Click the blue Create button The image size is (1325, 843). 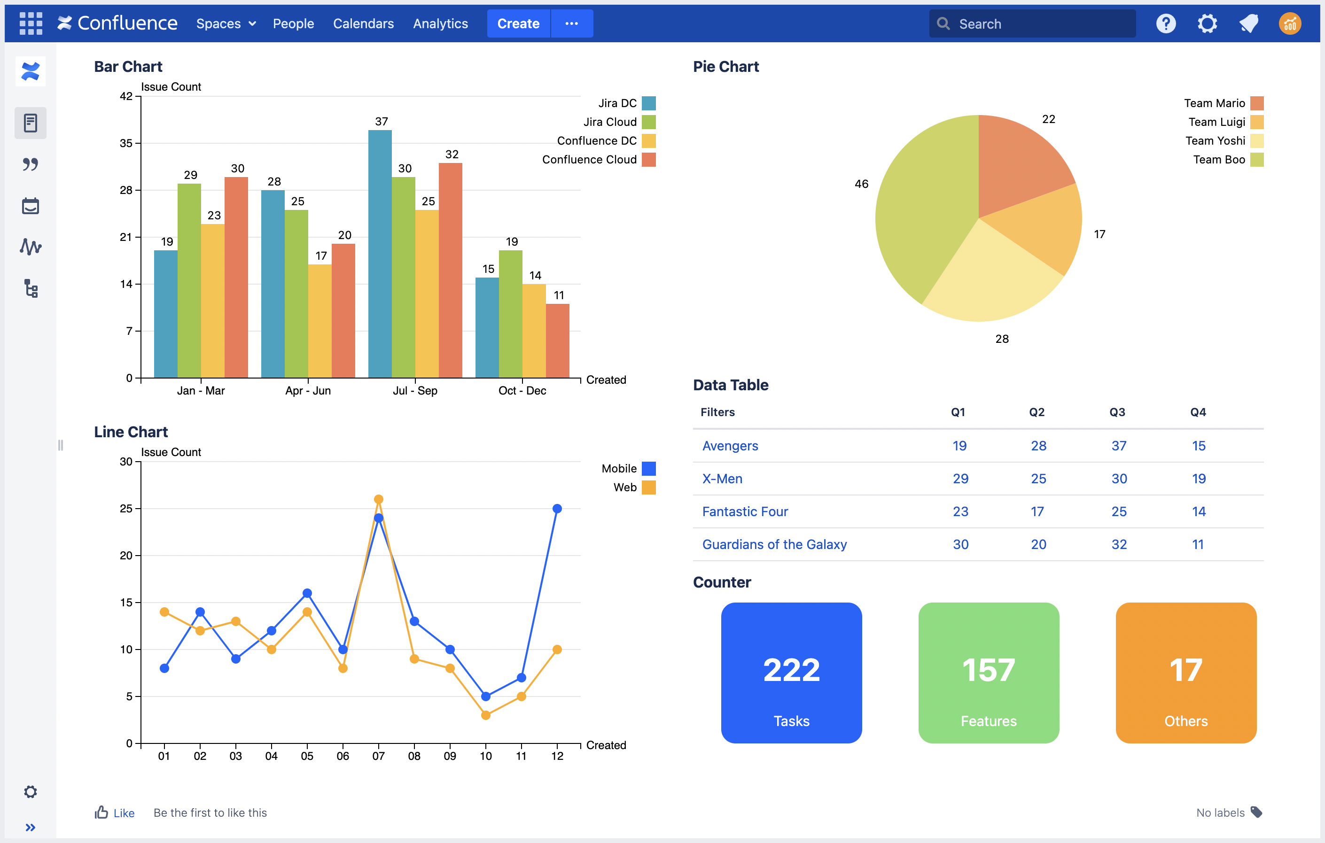(518, 23)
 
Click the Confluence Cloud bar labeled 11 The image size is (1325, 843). (557, 340)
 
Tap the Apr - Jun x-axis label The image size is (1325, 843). (308, 390)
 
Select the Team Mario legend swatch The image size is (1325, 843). (1256, 103)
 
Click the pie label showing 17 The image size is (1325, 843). (1099, 234)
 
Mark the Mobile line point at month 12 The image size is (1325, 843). (557, 509)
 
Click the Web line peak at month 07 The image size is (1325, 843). (379, 499)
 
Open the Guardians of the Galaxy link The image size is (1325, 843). (774, 544)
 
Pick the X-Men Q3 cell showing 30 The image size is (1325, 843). (1119, 479)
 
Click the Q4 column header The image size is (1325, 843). (1197, 412)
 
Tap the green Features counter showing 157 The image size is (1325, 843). (988, 673)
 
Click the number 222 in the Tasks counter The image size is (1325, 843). (791, 670)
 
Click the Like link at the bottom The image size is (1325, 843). (123, 813)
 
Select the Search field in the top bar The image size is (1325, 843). (1040, 23)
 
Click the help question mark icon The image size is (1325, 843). (1165, 23)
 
